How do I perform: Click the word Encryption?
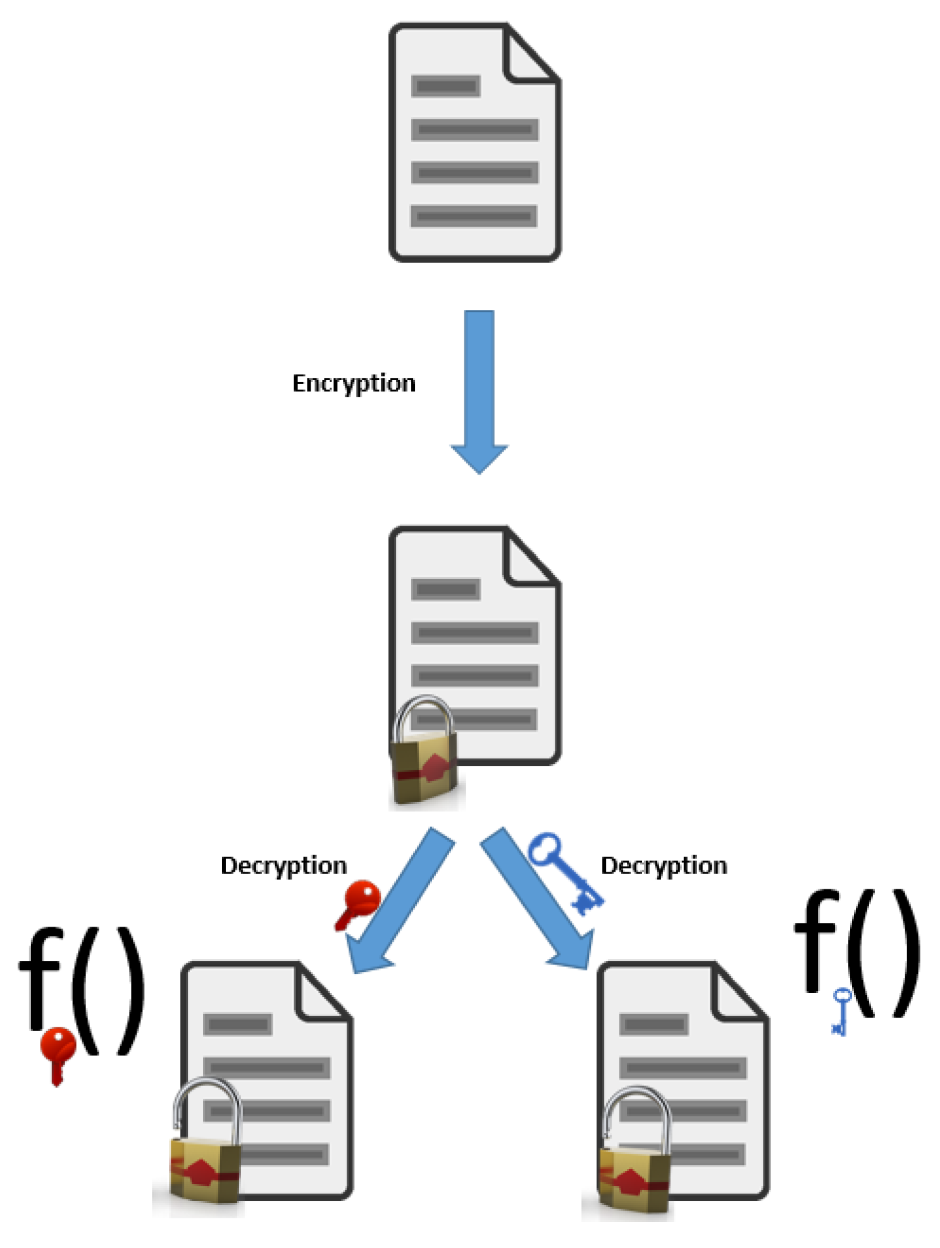click(x=353, y=383)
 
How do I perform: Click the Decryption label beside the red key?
click(x=283, y=865)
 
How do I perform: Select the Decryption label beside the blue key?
click(x=663, y=865)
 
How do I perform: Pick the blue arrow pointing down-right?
click(x=538, y=898)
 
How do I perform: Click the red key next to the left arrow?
click(x=358, y=903)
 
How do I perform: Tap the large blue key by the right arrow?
click(x=564, y=872)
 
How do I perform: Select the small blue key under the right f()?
click(x=840, y=1011)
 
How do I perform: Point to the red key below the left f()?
click(x=58, y=1053)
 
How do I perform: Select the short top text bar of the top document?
click(x=445, y=85)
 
